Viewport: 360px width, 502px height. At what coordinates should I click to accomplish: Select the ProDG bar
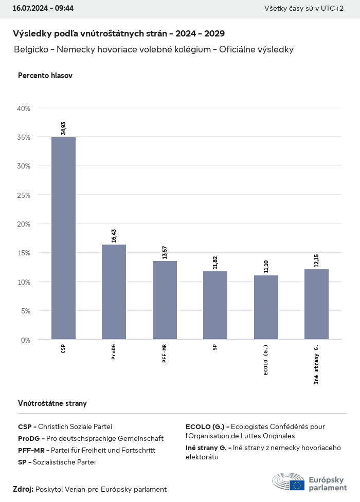point(114,292)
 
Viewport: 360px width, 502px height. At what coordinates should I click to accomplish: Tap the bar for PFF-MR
point(165,300)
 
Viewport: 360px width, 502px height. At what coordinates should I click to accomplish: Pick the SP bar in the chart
point(215,305)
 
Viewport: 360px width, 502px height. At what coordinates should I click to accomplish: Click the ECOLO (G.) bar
point(266,307)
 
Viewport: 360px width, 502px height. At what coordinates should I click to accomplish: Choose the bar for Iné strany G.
point(316,304)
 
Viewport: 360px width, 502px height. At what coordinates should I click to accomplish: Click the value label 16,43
point(114,235)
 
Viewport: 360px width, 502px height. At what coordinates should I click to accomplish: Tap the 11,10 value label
point(266,266)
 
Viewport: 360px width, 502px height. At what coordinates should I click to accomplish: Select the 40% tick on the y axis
point(24,108)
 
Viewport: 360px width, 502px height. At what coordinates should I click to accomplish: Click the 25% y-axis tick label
point(24,195)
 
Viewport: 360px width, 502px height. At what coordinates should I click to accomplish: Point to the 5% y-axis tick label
point(25,311)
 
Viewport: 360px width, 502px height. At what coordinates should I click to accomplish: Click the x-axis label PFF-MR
point(165,354)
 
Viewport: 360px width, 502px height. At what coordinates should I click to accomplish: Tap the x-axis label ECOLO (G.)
point(266,360)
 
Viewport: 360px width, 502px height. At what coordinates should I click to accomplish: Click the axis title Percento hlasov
point(45,76)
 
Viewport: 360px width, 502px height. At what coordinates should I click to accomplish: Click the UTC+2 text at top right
point(332,9)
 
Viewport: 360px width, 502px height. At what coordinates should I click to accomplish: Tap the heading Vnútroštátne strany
point(52,403)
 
